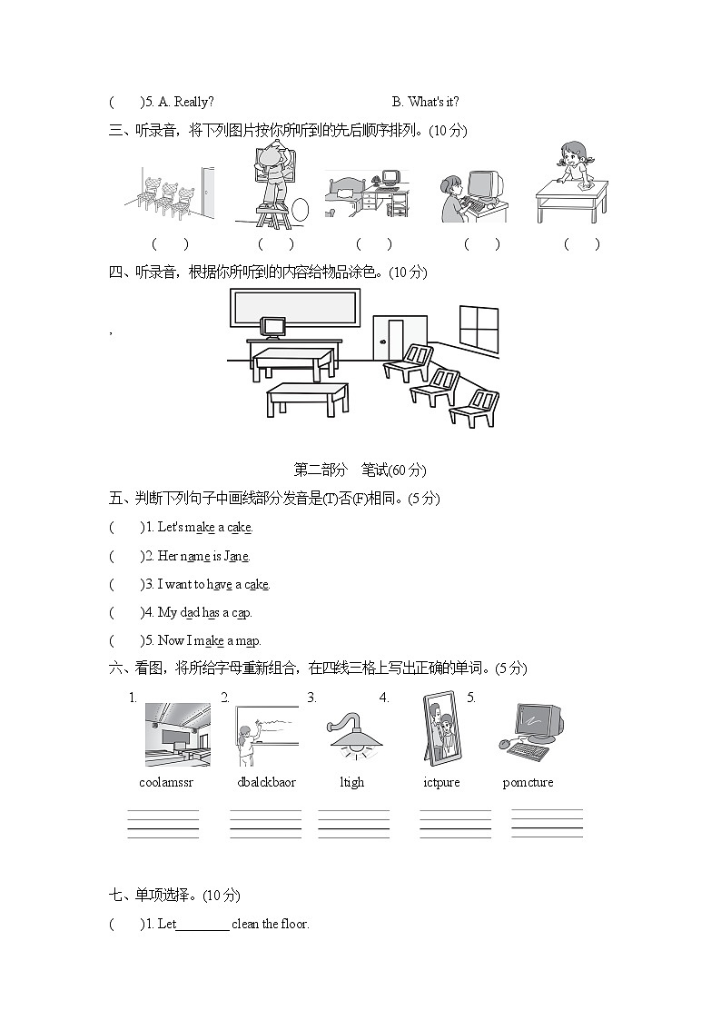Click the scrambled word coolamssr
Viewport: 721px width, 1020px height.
(166, 782)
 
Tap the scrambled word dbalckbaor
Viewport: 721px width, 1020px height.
(266, 782)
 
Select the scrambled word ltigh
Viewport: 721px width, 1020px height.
(351, 782)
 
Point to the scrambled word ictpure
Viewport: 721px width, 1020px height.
(441, 782)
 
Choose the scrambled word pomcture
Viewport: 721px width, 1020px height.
(528, 782)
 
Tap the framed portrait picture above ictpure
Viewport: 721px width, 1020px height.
(441, 728)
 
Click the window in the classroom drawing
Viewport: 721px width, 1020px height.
(479, 329)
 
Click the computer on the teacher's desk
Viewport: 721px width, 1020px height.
(272, 327)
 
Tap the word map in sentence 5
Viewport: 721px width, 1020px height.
(247, 640)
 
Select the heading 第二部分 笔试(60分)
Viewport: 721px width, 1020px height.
(360, 470)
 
